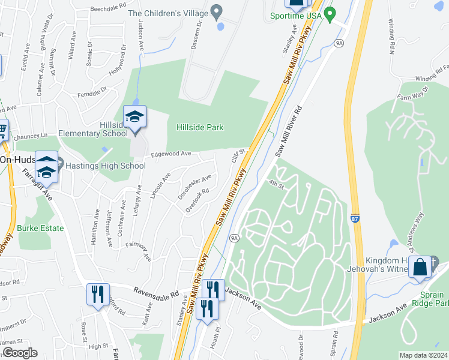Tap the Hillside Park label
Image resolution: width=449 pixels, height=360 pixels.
199,127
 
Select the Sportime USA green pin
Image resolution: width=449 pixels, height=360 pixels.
329,13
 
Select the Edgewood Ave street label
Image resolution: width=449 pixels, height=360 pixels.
171,154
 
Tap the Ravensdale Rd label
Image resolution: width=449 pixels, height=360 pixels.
157,295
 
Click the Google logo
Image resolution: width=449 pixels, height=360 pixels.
19,353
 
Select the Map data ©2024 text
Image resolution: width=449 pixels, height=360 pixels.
423,355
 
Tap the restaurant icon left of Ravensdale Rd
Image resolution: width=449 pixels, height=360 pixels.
97,294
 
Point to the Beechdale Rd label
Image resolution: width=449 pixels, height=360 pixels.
108,10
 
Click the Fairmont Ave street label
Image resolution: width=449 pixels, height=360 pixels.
139,251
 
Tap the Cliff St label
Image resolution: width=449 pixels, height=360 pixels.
239,157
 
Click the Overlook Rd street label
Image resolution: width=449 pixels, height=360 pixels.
197,199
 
